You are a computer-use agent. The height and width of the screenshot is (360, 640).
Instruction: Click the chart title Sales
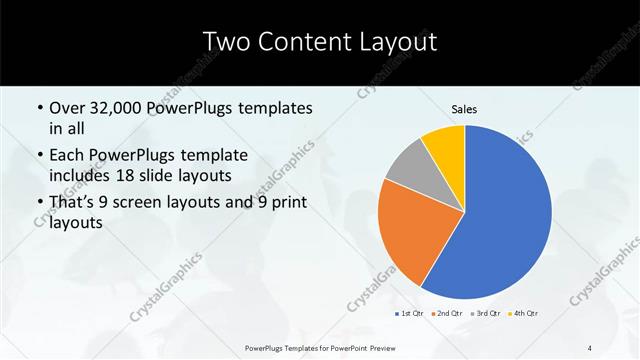coord(464,110)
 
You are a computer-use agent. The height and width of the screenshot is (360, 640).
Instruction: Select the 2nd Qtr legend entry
coord(446,314)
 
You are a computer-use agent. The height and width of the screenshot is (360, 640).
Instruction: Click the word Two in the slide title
coord(224,41)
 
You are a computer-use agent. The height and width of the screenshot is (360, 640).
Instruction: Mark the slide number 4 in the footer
coord(590,347)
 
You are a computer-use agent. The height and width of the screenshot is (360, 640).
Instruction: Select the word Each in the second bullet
coord(67,155)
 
